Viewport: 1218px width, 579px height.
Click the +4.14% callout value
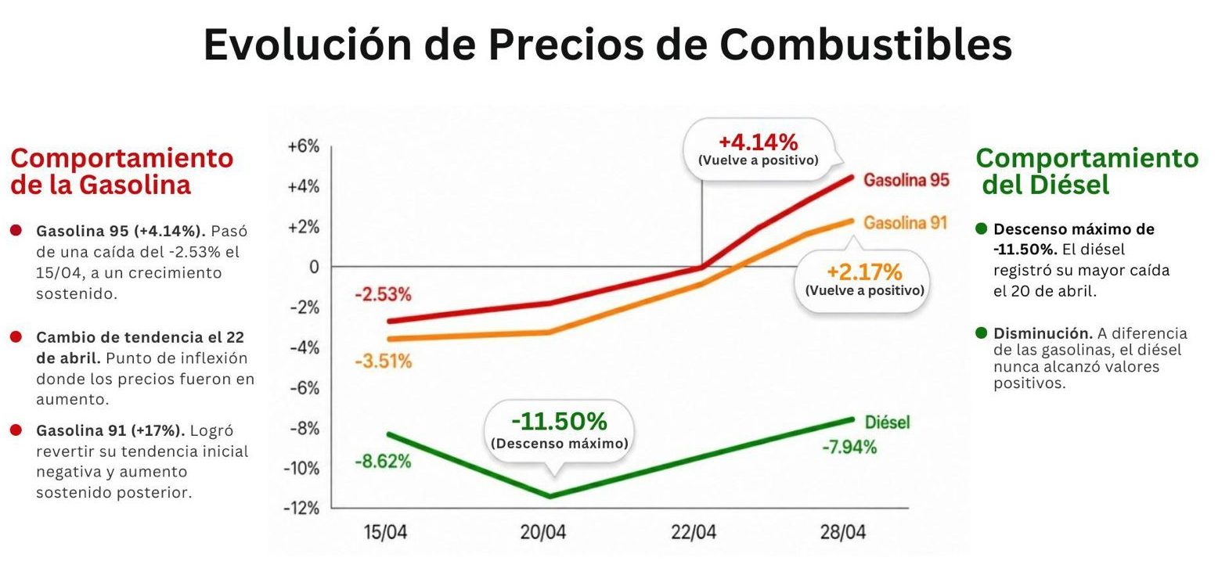(758, 142)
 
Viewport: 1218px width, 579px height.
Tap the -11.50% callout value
(559, 422)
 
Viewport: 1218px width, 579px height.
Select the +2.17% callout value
(864, 272)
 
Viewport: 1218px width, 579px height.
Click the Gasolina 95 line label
(906, 180)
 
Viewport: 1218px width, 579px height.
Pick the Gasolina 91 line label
(905, 223)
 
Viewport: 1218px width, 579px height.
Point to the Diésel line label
(887, 423)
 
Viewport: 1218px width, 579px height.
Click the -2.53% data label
(383, 295)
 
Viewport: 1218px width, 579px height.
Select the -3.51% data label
(383, 361)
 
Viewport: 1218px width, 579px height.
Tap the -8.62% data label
(383, 461)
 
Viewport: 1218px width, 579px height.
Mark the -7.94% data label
(849, 448)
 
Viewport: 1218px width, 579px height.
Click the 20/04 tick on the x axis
(543, 533)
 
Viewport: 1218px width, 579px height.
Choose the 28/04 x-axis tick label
(843, 533)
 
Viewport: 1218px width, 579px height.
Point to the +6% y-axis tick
(304, 146)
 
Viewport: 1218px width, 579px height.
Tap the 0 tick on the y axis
(314, 267)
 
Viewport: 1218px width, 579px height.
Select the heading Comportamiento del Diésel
(1086, 171)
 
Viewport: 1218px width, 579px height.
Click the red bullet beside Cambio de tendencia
(16, 337)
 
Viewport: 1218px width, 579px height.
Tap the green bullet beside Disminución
(982, 333)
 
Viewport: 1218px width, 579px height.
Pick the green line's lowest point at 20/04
(550, 496)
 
